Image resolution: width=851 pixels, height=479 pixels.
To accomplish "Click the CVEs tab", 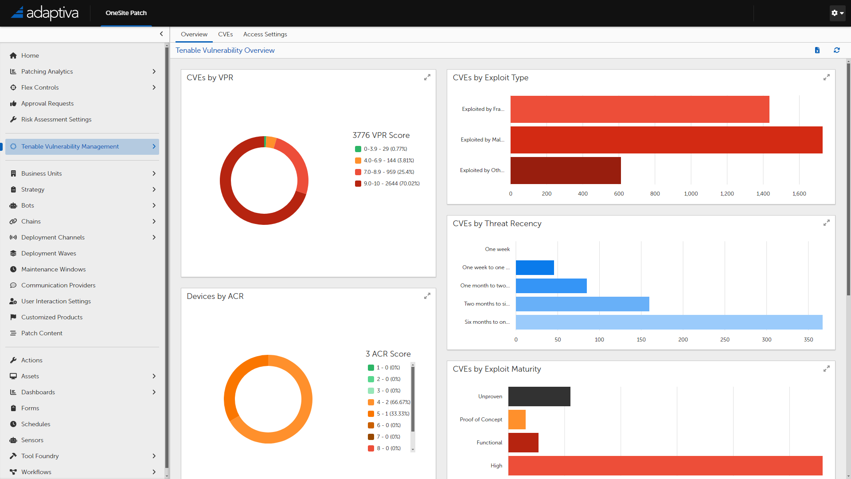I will click(x=225, y=34).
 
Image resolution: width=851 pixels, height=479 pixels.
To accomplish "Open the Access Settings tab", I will click(x=265, y=34).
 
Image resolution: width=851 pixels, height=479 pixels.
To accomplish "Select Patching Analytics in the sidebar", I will click(x=47, y=71).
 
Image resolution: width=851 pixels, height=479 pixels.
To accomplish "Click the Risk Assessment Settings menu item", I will click(x=56, y=119).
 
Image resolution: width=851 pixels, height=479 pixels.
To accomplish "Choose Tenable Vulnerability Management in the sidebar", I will click(x=70, y=146).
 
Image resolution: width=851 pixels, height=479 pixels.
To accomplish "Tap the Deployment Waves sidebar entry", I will click(x=49, y=253).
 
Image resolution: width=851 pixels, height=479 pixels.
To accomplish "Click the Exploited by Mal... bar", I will click(x=666, y=140).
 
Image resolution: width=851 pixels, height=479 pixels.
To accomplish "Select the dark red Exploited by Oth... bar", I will click(x=565, y=170).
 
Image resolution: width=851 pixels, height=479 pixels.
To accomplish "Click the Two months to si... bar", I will click(x=582, y=304).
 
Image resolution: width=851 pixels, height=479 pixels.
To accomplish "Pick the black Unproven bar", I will click(x=539, y=397).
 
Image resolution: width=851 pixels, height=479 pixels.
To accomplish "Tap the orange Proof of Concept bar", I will click(x=517, y=420).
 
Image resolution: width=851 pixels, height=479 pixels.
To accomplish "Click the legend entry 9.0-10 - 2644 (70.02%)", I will click(x=391, y=184).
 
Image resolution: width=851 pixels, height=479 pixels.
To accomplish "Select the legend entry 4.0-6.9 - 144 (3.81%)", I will click(x=389, y=161).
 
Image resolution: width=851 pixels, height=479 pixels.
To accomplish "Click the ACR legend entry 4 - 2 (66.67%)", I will click(x=393, y=402).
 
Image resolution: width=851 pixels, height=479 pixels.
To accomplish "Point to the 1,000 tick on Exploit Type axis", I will click(x=691, y=194).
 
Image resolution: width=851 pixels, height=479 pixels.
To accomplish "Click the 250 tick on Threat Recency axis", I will click(x=725, y=340).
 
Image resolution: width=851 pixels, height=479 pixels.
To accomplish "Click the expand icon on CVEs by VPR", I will click(x=427, y=78).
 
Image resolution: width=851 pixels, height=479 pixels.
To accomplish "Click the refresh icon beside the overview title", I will click(x=836, y=50).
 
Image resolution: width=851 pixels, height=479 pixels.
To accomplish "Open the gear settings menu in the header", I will click(x=837, y=13).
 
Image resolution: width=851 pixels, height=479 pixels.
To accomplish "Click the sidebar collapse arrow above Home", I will click(x=161, y=34).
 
